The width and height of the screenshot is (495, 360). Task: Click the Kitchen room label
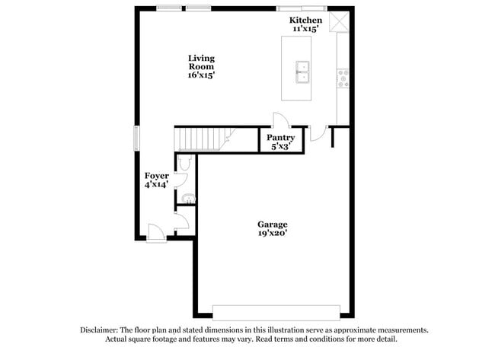pos(306,20)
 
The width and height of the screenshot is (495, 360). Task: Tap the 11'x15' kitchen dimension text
pos(306,28)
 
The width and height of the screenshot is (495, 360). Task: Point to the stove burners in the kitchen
pos(343,77)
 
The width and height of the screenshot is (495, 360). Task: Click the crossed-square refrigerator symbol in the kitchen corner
pos(340,22)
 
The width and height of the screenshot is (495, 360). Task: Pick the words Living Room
pos(202,62)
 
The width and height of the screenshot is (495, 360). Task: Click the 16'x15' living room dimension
pos(202,75)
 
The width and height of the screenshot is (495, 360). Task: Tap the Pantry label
pos(281,138)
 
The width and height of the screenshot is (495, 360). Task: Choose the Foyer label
pos(157,176)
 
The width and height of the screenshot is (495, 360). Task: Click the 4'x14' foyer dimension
pos(157,184)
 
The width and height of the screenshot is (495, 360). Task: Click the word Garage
pos(272,225)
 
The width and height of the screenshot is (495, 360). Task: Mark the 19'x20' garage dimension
pos(272,234)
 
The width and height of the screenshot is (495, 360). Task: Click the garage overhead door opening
pos(276,312)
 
